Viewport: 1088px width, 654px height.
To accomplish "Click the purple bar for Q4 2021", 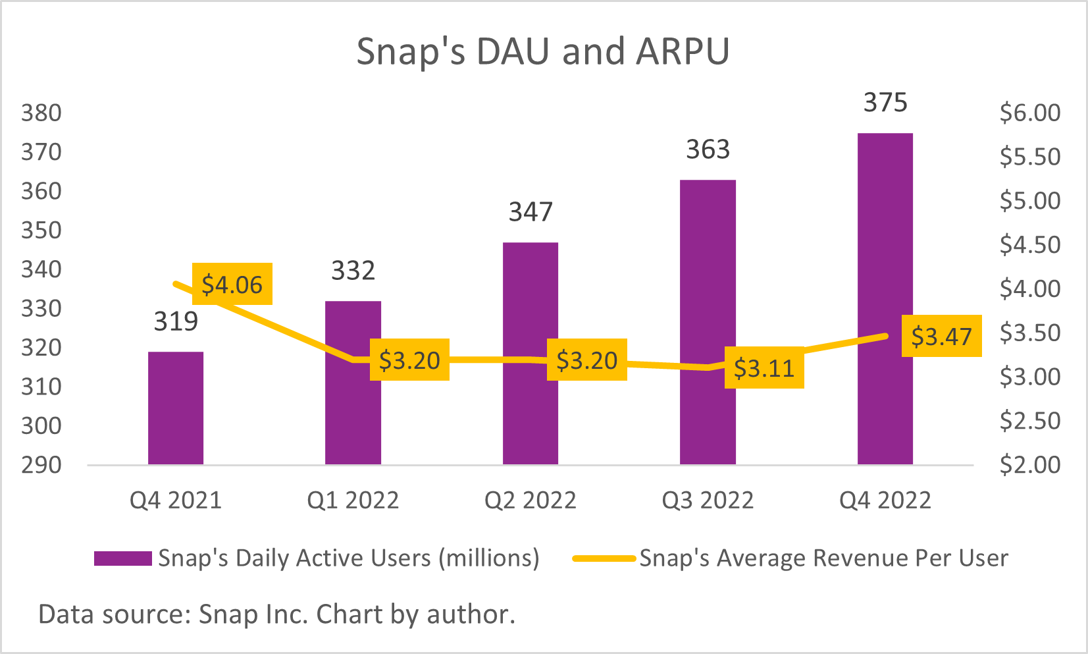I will (x=176, y=408).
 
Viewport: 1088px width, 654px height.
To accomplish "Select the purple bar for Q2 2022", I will (x=531, y=354).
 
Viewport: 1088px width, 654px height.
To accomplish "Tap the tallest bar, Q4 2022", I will (x=885, y=299).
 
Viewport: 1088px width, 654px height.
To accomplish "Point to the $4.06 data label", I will (x=232, y=285).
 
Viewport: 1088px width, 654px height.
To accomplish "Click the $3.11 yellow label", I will (x=764, y=368).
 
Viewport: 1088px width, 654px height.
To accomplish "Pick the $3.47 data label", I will (x=941, y=337).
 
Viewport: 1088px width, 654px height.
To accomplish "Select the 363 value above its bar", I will (x=708, y=150).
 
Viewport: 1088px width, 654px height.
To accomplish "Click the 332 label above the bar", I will (x=353, y=271).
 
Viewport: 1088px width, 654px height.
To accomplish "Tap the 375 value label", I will (x=885, y=103).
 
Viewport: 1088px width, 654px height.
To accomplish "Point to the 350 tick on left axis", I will (x=41, y=231).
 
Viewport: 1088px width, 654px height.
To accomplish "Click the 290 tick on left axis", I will (x=41, y=465).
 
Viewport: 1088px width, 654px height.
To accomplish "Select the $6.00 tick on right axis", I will (x=1030, y=113).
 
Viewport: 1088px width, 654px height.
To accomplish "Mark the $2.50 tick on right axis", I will (x=1030, y=420).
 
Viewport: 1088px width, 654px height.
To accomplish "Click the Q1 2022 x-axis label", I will (x=353, y=501).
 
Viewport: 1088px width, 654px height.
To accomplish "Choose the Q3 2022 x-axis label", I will (x=708, y=501).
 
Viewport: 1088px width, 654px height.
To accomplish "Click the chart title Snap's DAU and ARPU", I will (x=543, y=51).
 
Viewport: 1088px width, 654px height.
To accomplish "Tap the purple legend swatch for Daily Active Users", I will (x=123, y=559).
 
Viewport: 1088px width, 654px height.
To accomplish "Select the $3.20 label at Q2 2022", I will (x=587, y=360).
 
